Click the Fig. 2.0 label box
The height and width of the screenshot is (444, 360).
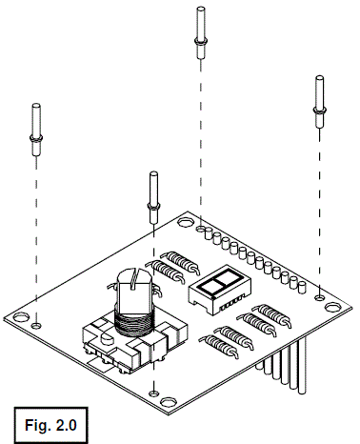click(50, 418)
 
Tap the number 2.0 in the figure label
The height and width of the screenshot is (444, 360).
click(65, 418)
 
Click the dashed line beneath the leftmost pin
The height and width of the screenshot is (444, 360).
click(36, 238)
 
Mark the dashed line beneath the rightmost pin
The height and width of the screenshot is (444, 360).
click(320, 210)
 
